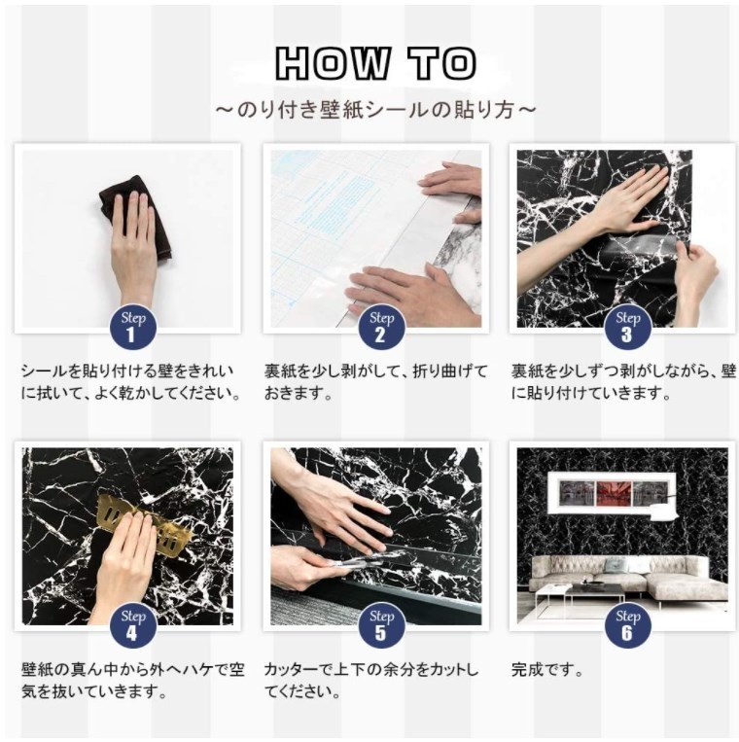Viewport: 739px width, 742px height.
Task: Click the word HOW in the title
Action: pyautogui.click(x=334, y=62)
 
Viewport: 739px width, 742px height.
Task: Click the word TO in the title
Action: pyautogui.click(x=442, y=62)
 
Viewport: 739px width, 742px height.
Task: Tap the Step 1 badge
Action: pyautogui.click(x=133, y=327)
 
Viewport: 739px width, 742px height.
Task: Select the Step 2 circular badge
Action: pyautogui.click(x=381, y=327)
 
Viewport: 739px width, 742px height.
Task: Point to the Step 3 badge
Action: pyautogui.click(x=628, y=327)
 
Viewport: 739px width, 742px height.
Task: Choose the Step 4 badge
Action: pyautogui.click(x=133, y=625)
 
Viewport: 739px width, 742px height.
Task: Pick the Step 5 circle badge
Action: pyautogui.click(x=381, y=625)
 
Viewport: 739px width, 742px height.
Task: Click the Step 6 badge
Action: pyautogui.click(x=628, y=625)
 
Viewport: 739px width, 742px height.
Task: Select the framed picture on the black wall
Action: pyautogui.click(x=613, y=492)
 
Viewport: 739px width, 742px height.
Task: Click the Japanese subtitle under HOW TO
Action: pyautogui.click(x=375, y=110)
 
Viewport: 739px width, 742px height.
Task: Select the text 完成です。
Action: pyautogui.click(x=546, y=670)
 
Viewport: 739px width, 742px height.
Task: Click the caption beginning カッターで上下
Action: pyautogui.click(x=371, y=681)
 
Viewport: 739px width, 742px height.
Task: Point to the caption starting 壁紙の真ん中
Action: pyautogui.click(x=133, y=681)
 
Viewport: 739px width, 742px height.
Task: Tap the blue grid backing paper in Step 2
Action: pyautogui.click(x=332, y=223)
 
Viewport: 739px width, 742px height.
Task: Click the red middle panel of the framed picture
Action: pyautogui.click(x=615, y=492)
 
